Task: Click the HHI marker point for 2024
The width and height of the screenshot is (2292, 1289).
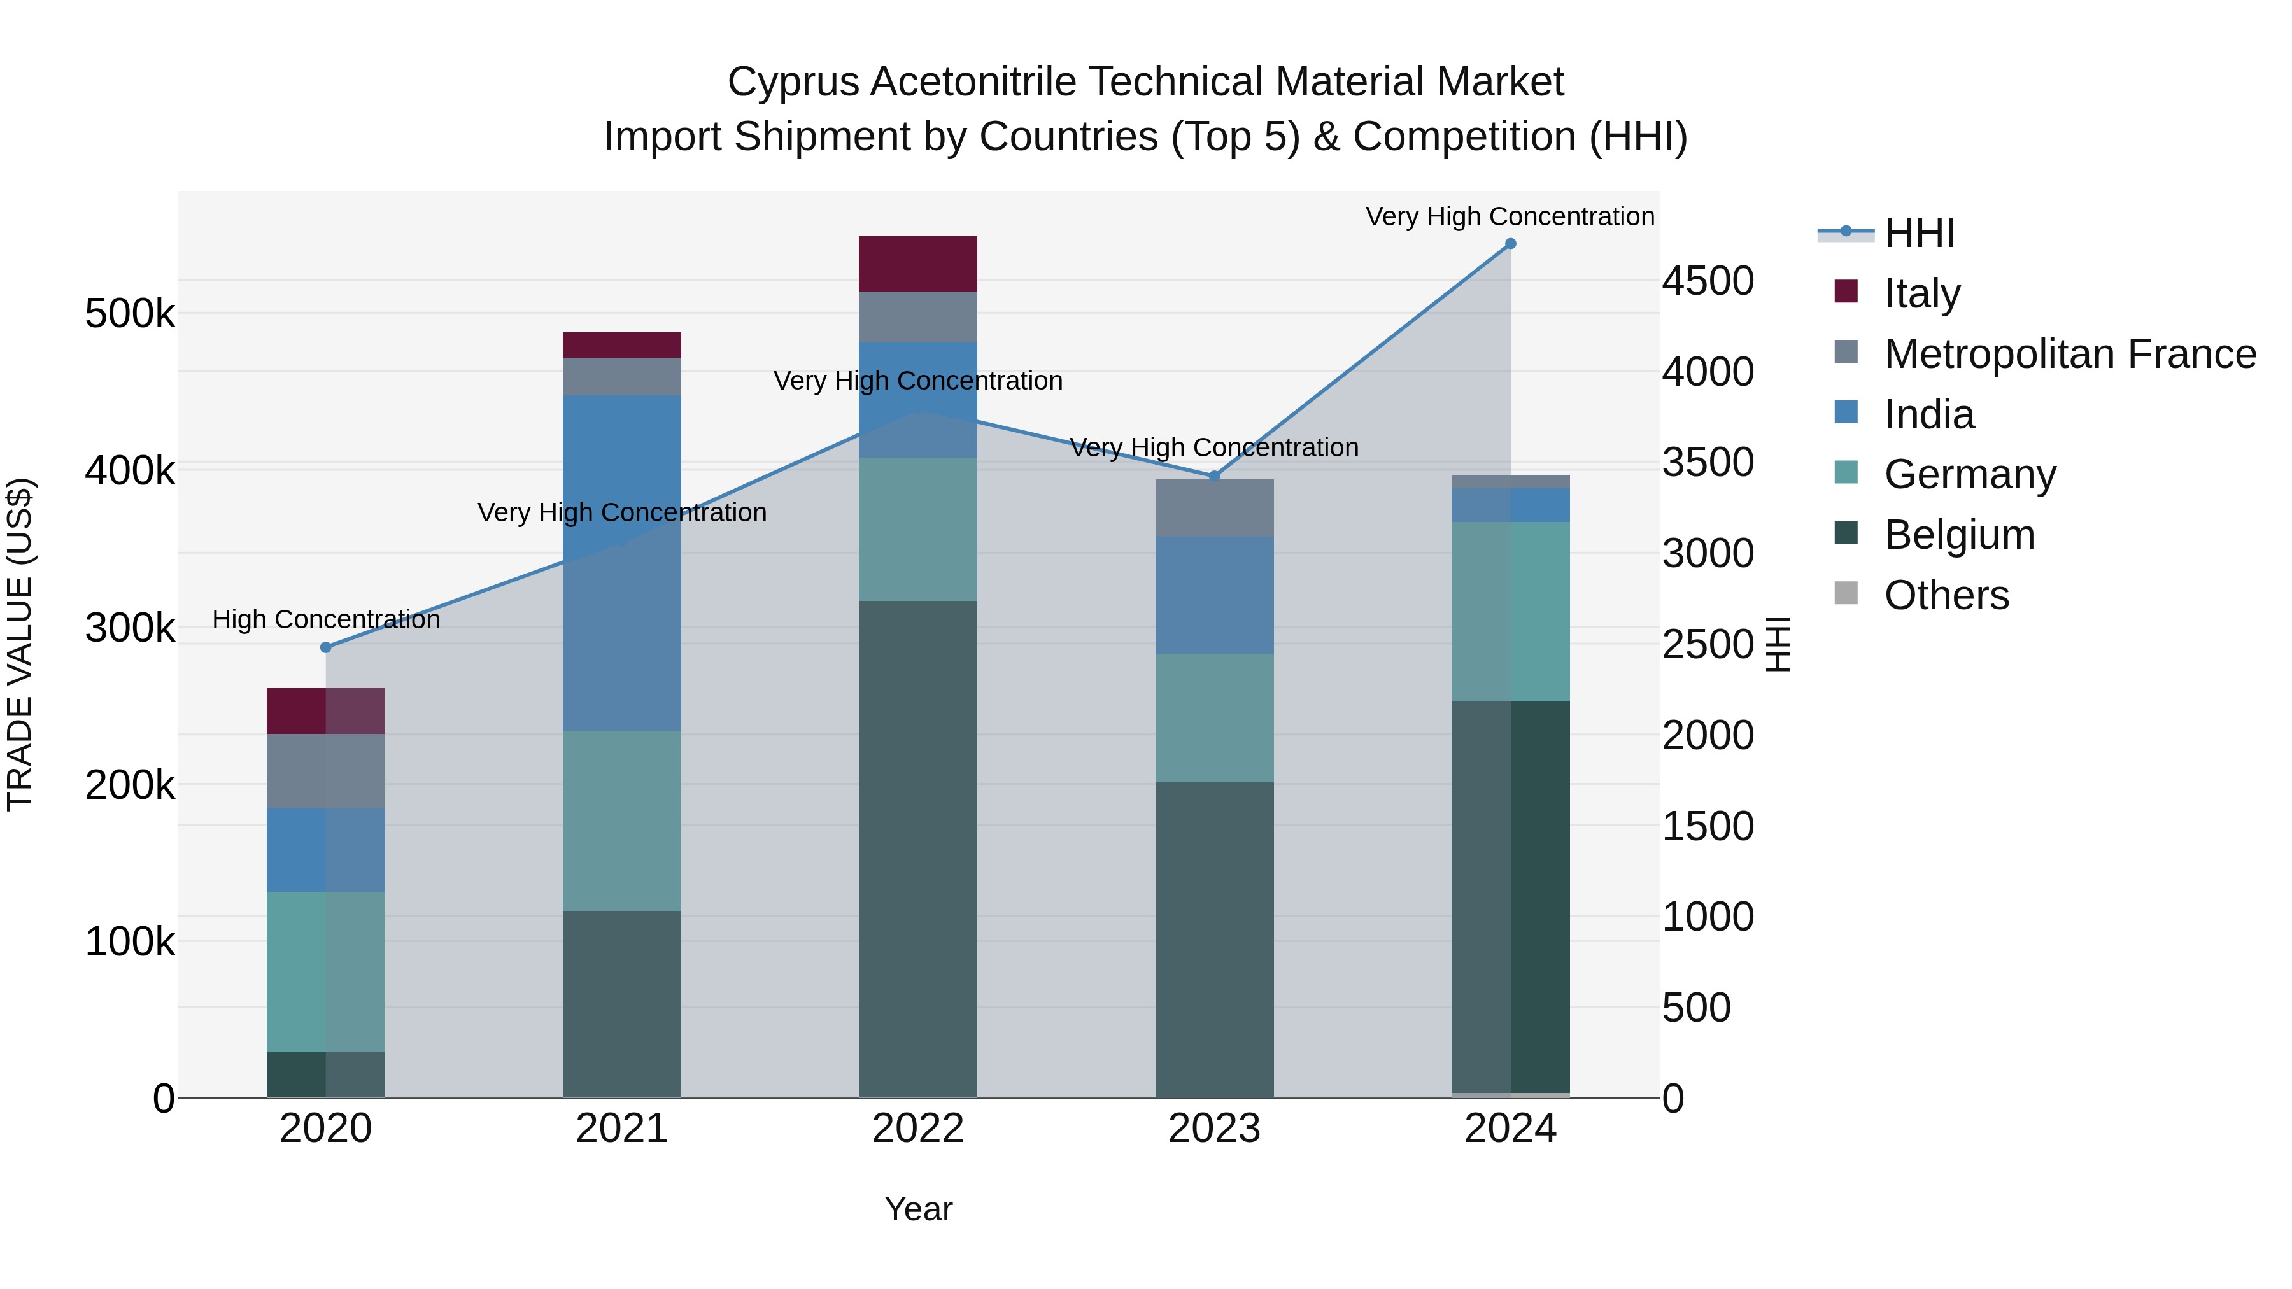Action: click(x=1510, y=244)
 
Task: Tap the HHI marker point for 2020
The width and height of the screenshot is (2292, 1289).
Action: click(x=325, y=647)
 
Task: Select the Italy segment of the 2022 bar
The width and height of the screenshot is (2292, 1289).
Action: click(x=917, y=264)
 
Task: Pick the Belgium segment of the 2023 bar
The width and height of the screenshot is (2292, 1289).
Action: click(x=1213, y=940)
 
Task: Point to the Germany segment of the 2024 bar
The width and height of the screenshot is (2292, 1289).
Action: click(x=1510, y=612)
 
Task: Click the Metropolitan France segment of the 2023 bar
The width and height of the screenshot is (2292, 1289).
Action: click(x=1213, y=508)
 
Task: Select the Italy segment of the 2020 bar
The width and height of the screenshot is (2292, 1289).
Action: click(x=325, y=711)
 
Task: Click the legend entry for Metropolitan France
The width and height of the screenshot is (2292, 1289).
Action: click(x=2070, y=354)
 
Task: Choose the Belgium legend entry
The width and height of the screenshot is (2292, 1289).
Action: click(x=1959, y=535)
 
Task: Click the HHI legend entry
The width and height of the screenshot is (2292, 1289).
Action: click(x=1918, y=233)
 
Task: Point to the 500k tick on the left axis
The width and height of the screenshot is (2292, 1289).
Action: click(x=130, y=314)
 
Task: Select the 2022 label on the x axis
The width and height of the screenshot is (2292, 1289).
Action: click(x=917, y=1129)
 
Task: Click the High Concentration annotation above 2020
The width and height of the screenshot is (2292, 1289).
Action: click(x=325, y=619)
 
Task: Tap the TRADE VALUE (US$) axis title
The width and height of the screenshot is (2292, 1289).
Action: click(x=20, y=644)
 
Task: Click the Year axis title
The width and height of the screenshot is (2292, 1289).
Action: click(x=917, y=1209)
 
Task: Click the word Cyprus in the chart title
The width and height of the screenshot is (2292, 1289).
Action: click(x=793, y=82)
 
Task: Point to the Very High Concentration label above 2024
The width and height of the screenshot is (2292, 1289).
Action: click(x=1510, y=216)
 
